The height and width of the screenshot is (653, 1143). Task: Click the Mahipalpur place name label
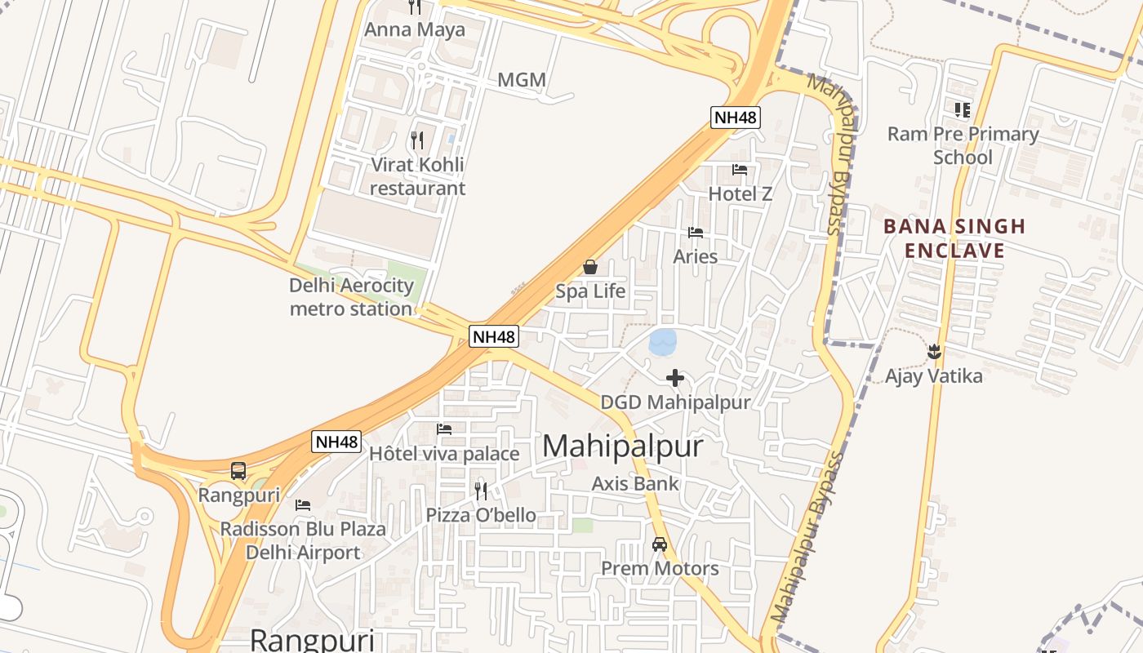click(622, 446)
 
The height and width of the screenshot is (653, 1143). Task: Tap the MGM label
click(522, 80)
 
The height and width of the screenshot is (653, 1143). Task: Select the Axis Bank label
click(635, 483)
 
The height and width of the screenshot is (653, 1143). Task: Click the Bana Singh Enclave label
click(954, 238)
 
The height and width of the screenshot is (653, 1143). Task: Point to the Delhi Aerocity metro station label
click(351, 297)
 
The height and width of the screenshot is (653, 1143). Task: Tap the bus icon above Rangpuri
click(238, 471)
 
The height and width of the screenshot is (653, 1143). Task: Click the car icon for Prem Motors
click(660, 544)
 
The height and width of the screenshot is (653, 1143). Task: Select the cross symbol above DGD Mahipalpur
click(675, 378)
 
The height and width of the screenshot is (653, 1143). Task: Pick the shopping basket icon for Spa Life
click(590, 267)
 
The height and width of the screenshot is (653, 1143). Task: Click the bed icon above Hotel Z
click(740, 170)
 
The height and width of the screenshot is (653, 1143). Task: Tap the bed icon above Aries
click(696, 233)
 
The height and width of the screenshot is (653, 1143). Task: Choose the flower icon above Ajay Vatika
click(934, 353)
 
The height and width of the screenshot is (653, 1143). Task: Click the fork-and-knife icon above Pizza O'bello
click(481, 491)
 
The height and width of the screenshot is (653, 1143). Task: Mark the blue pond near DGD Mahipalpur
click(663, 342)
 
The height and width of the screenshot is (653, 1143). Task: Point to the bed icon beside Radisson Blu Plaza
click(303, 505)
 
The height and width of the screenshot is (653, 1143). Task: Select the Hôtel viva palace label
click(444, 454)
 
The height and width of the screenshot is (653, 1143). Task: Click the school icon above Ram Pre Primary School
click(963, 109)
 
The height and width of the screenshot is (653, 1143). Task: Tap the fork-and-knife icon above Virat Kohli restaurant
click(417, 140)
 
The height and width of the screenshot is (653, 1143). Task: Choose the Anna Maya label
click(415, 30)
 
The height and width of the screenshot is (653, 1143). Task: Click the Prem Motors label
click(660, 568)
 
